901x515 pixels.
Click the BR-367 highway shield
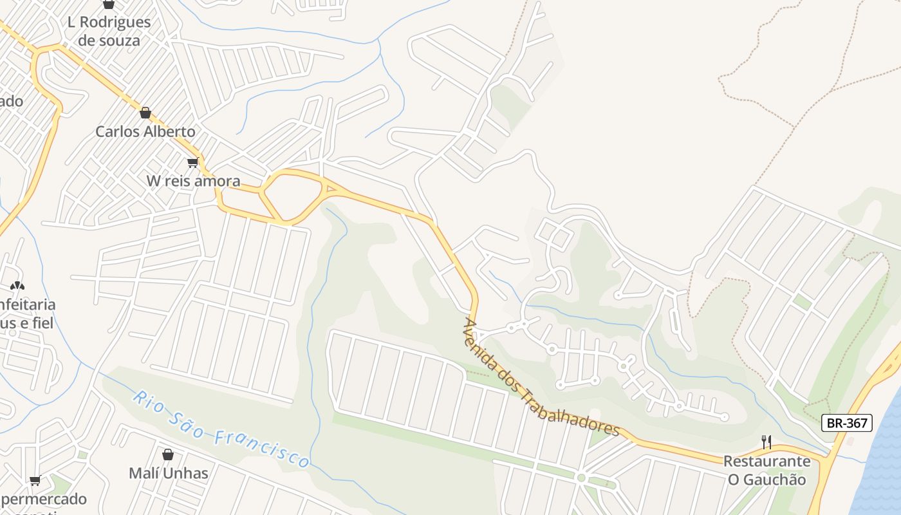pyautogui.click(x=847, y=423)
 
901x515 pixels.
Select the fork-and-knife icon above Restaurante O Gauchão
pyautogui.click(x=766, y=442)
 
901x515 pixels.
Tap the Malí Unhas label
pyautogui.click(x=168, y=474)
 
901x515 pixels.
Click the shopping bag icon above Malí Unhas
pyautogui.click(x=168, y=454)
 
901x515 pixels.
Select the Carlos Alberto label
pyautogui.click(x=145, y=131)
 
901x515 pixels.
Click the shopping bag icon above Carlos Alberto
pyautogui.click(x=145, y=113)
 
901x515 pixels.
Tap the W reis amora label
pyautogui.click(x=193, y=181)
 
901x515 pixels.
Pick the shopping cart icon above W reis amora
pyautogui.click(x=192, y=162)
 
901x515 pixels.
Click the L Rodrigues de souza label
pyautogui.click(x=109, y=31)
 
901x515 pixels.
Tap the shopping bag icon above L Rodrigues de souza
pyautogui.click(x=109, y=4)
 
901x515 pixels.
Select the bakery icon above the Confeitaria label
pyautogui.click(x=17, y=285)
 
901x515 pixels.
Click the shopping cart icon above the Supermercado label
pyautogui.click(x=35, y=480)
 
